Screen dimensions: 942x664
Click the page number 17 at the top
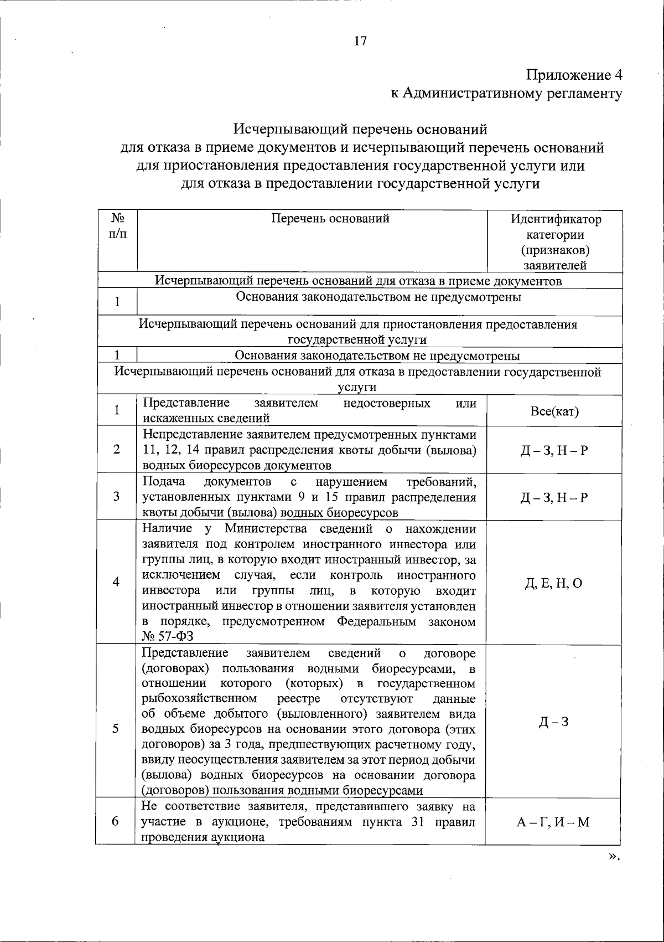coord(360,42)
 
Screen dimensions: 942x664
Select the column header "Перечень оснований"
coord(330,219)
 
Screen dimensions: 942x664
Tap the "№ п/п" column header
coord(117,226)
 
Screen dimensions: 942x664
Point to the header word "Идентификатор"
coord(556,219)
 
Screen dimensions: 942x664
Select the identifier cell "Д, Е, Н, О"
coord(554,583)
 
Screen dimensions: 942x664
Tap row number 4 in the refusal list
coord(116,582)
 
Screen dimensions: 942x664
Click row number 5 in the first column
coord(116,728)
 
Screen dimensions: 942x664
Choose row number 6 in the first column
coord(116,821)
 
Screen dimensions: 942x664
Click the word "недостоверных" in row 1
coord(387,403)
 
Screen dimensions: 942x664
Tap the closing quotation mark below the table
coord(613,856)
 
